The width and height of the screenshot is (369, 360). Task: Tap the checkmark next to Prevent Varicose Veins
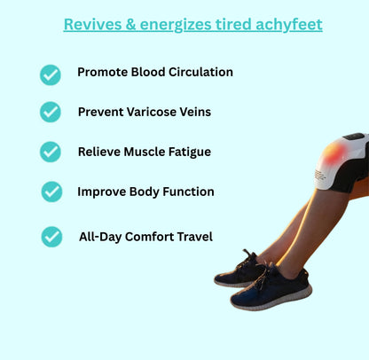(51, 112)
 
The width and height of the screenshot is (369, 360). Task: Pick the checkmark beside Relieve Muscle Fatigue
(51, 152)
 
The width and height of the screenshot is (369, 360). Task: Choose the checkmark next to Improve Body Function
(51, 192)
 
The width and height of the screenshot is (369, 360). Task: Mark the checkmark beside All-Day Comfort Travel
(51, 237)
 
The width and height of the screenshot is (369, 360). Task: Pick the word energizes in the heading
(186, 24)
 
